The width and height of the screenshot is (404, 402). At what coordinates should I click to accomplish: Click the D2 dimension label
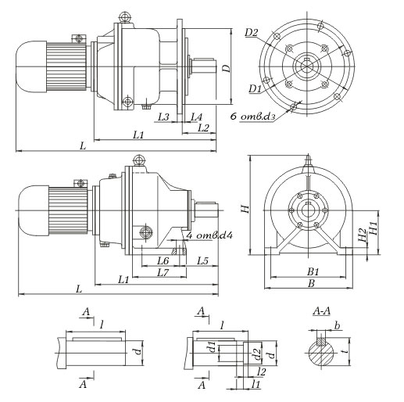[x=252, y=33]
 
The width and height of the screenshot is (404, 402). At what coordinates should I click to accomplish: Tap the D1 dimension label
[x=255, y=88]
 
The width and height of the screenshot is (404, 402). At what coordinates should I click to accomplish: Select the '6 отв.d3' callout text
[x=252, y=116]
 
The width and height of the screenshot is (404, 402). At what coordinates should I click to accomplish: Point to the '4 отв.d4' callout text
[x=209, y=235]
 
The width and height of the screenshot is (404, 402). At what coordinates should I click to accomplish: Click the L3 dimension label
[x=164, y=117]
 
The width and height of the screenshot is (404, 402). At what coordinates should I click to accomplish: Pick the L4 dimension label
[x=196, y=117]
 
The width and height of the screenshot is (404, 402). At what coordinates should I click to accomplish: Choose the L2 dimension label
[x=203, y=127]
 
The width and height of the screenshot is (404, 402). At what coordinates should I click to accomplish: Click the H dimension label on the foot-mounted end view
[x=245, y=209]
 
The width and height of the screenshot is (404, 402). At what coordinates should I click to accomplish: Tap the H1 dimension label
[x=374, y=228]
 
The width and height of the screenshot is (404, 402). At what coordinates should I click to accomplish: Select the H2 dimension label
[x=363, y=235]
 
